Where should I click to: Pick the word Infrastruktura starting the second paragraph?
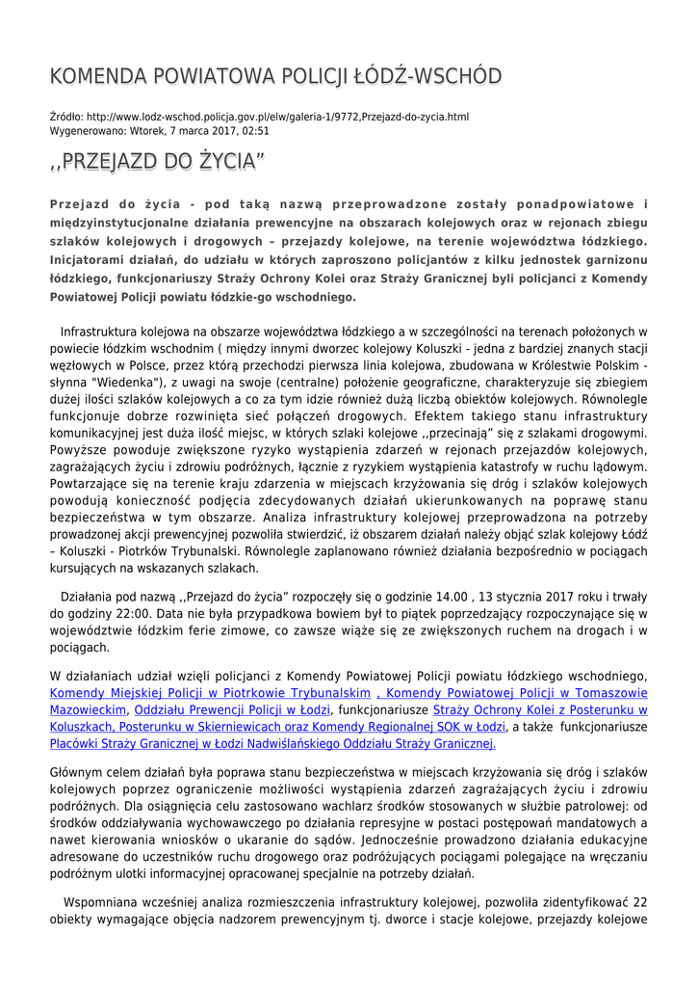[x=110, y=332]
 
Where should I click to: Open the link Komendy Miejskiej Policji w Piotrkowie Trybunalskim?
[x=210, y=693]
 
